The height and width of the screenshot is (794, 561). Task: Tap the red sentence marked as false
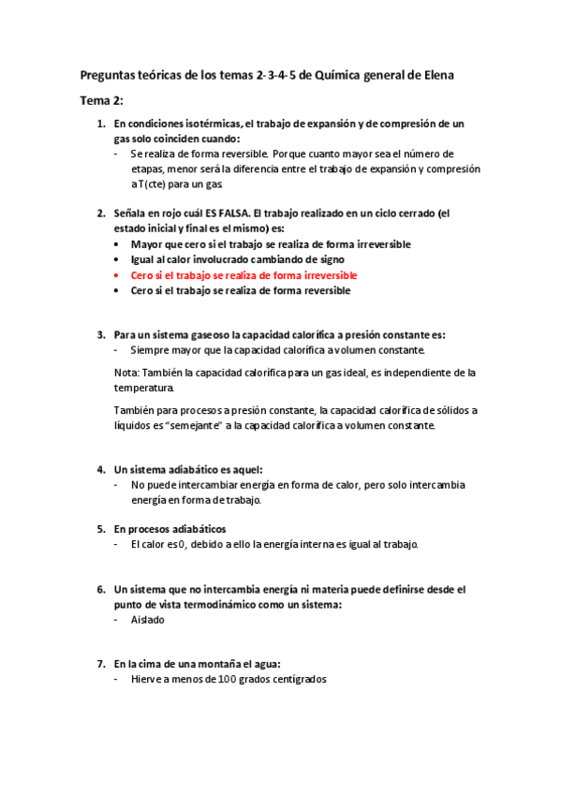244,275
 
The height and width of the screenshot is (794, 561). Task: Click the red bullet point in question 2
116,276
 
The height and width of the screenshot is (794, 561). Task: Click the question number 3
101,333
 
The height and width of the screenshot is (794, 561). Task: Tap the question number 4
101,468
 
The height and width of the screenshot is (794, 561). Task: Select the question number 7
101,663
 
